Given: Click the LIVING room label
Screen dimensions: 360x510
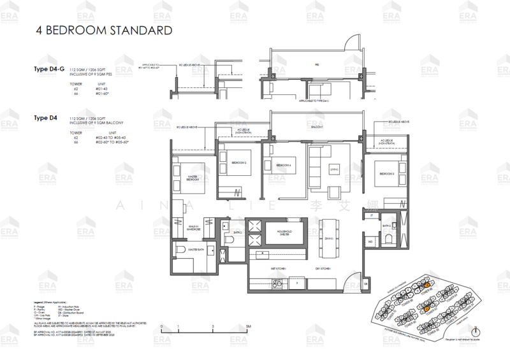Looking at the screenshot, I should pos(333,169).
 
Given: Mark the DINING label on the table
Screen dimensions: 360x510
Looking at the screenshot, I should pos(329,239).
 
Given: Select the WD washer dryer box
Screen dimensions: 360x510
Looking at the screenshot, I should pos(370,242).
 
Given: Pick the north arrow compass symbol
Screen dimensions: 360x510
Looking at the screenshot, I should pos(475,331).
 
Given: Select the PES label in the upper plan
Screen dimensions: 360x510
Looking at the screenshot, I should pos(316,65).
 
